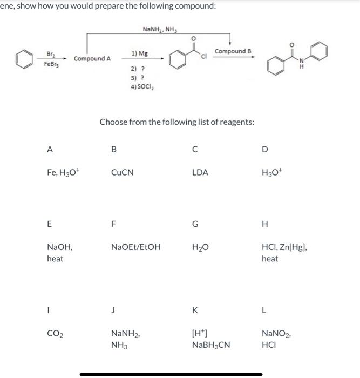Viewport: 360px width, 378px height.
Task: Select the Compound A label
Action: point(92,58)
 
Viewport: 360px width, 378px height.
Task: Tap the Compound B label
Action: point(233,51)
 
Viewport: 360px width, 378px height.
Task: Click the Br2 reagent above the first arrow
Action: point(51,53)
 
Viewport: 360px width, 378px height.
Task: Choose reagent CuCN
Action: point(122,173)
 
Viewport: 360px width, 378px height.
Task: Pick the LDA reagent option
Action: point(200,173)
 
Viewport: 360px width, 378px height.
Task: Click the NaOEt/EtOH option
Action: point(135,247)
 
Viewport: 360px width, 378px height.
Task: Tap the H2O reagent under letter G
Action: point(199,247)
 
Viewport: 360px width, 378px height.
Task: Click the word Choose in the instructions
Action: point(114,122)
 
